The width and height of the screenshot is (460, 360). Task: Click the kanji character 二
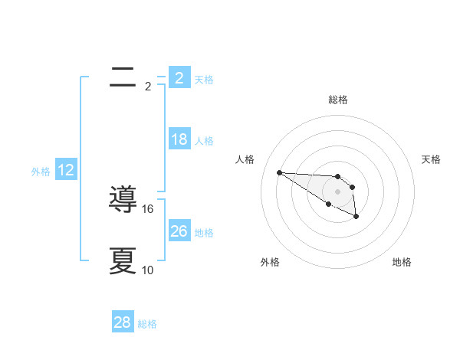[x=123, y=77]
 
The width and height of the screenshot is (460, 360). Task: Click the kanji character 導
[x=123, y=199]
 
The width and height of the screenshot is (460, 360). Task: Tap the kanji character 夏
[x=123, y=260]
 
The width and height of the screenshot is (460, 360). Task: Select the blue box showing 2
[x=179, y=78]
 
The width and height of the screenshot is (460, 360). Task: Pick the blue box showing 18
[x=179, y=139]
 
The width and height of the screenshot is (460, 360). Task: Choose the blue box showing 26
[x=179, y=231]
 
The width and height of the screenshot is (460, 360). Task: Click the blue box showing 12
[x=66, y=170]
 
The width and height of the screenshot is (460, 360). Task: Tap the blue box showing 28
[x=123, y=323]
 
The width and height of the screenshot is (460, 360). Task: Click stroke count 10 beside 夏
[x=148, y=270]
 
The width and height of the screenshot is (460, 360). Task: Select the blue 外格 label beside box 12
[x=41, y=172]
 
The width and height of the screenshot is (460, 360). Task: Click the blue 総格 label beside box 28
[x=147, y=325]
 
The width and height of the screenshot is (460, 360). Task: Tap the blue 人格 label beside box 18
[x=204, y=141]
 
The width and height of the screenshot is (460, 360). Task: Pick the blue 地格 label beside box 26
[x=204, y=233]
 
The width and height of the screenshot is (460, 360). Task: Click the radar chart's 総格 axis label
[x=337, y=100]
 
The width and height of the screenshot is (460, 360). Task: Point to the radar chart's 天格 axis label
[x=432, y=159]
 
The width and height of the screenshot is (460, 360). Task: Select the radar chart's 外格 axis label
[x=270, y=262]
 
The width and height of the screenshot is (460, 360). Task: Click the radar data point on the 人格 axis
[x=279, y=172]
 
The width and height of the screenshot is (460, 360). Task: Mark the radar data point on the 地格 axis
[x=356, y=217]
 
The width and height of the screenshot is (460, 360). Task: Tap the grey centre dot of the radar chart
[x=337, y=191]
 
